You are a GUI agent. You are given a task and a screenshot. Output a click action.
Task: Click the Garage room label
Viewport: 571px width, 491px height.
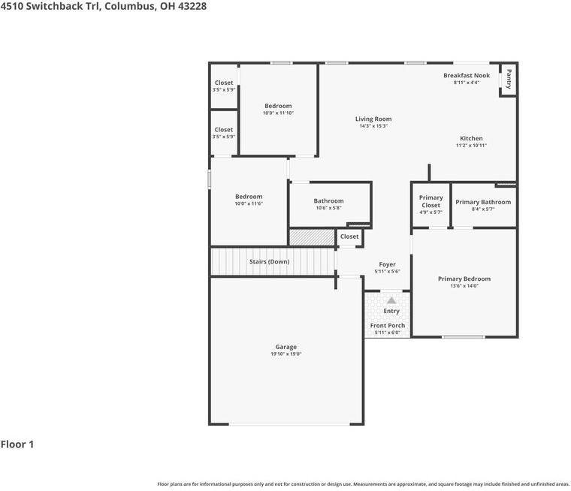pos(285,347)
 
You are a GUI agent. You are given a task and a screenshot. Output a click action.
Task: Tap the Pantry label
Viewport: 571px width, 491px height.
pos(509,79)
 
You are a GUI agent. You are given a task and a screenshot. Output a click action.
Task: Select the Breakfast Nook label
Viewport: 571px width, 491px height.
pos(467,75)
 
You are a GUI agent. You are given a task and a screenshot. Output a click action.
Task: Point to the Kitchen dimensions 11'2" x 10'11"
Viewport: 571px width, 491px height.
pos(471,145)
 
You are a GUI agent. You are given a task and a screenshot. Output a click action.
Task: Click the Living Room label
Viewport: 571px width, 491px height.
pos(373,119)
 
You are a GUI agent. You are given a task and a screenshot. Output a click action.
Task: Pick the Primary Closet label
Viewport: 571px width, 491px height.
pos(431,201)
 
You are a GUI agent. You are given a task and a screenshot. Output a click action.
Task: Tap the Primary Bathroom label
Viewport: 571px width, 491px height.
pos(483,202)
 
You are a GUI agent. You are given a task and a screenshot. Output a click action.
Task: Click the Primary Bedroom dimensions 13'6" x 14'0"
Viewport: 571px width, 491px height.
pos(464,286)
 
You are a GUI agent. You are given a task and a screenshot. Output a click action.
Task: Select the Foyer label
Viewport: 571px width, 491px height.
pos(387,264)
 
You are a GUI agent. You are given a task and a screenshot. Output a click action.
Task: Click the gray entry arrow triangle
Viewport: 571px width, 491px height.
pos(391,300)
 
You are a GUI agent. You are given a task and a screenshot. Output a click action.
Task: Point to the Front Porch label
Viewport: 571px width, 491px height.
pos(388,325)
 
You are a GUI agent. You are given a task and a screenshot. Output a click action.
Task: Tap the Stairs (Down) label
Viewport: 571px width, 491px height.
pos(269,262)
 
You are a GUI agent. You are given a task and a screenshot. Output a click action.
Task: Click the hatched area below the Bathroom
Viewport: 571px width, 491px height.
pos(312,237)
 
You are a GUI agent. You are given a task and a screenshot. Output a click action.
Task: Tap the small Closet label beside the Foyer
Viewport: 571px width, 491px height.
pos(349,236)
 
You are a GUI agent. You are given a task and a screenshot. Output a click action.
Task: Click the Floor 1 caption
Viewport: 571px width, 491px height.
pos(17,444)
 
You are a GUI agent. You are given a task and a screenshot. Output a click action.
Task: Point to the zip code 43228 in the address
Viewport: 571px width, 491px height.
pos(192,6)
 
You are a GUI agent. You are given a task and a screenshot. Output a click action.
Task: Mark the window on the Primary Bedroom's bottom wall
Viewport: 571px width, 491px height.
pos(464,336)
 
